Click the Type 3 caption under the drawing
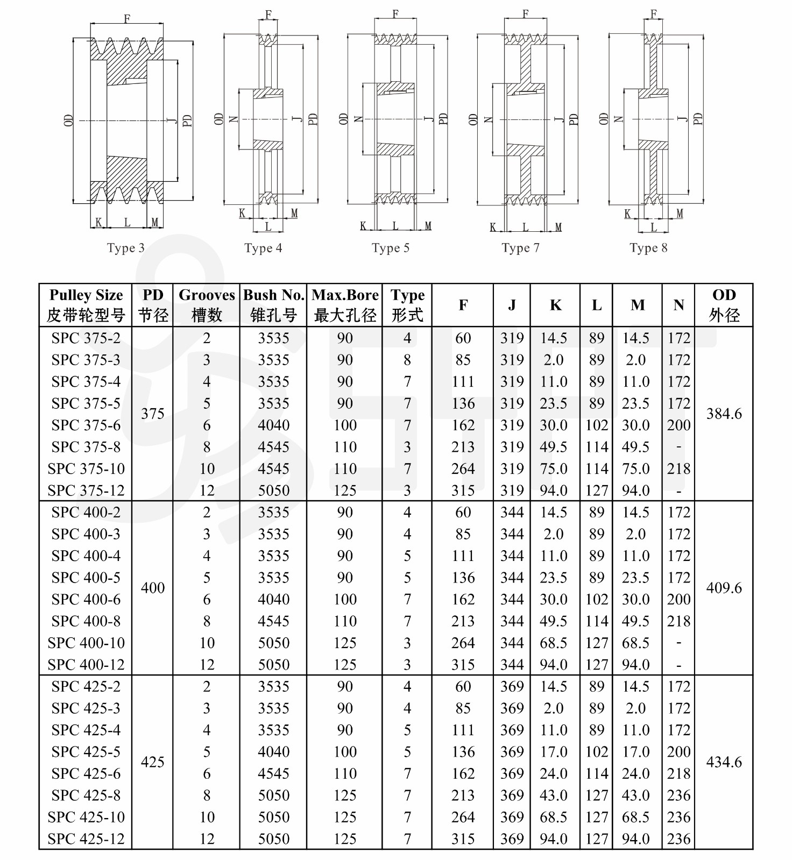(125, 248)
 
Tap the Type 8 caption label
(648, 248)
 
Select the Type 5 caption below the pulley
(390, 248)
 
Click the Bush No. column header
(274, 305)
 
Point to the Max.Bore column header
(345, 305)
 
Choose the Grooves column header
(207, 305)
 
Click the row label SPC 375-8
(86, 447)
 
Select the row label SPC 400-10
(86, 643)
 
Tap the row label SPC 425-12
(86, 838)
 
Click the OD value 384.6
(724, 414)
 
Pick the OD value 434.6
(724, 762)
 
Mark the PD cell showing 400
(153, 588)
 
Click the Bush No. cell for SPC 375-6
(274, 425)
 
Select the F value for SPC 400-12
(463, 665)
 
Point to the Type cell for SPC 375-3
(407, 360)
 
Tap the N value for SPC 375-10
(678, 469)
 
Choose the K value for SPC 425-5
(554, 752)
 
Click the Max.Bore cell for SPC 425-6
(345, 773)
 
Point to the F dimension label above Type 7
(526, 13)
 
